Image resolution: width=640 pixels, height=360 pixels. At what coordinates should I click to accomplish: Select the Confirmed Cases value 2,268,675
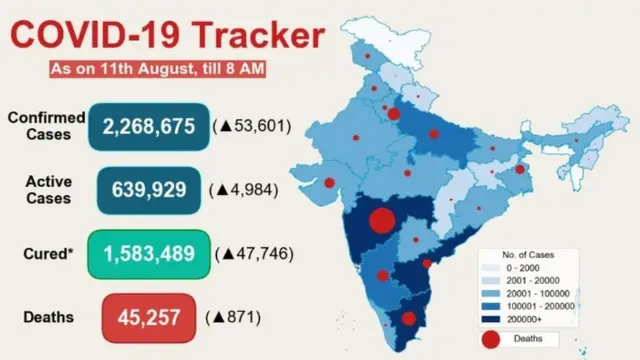tap(149, 126)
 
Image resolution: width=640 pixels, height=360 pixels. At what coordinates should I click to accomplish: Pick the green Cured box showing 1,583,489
tap(149, 253)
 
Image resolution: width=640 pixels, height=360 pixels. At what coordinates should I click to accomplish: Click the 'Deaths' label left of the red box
tap(47, 317)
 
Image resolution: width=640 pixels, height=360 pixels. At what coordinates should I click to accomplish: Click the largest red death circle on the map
tap(382, 221)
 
